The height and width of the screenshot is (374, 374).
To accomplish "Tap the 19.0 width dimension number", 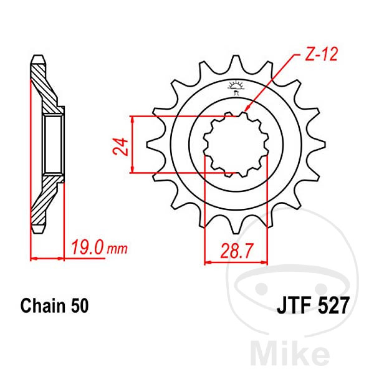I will coord(88,249).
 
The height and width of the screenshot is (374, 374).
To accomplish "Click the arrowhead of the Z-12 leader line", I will coord(246,110).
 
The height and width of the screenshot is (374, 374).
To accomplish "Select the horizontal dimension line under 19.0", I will coord(47,257).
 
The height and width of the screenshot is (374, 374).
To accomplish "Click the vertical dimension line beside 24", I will coord(134,144).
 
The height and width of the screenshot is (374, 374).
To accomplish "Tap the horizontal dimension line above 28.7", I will coord(236,261).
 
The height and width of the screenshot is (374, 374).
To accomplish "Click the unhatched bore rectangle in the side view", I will coord(53,144).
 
